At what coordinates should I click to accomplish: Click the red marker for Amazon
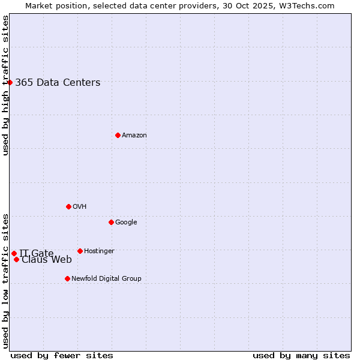(118, 135)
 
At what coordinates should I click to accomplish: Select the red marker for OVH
(68, 206)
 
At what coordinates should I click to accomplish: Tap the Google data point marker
(111, 222)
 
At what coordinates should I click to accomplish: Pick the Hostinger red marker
(80, 251)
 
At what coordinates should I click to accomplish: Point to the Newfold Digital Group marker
(67, 278)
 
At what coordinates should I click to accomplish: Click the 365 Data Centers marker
(10, 82)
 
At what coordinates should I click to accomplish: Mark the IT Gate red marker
(14, 253)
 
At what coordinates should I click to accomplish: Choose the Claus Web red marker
(16, 259)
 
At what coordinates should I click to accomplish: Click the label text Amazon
(134, 136)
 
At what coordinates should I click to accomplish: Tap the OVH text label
(80, 207)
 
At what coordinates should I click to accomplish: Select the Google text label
(126, 223)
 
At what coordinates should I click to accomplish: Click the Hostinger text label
(99, 251)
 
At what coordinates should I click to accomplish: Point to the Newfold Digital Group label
(106, 279)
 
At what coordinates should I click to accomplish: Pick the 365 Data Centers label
(58, 83)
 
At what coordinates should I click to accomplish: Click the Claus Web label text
(47, 260)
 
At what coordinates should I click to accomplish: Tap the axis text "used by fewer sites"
(62, 355)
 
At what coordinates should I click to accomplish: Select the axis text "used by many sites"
(301, 355)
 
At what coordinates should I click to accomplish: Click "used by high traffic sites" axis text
(6, 85)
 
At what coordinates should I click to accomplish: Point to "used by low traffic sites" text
(6, 280)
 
